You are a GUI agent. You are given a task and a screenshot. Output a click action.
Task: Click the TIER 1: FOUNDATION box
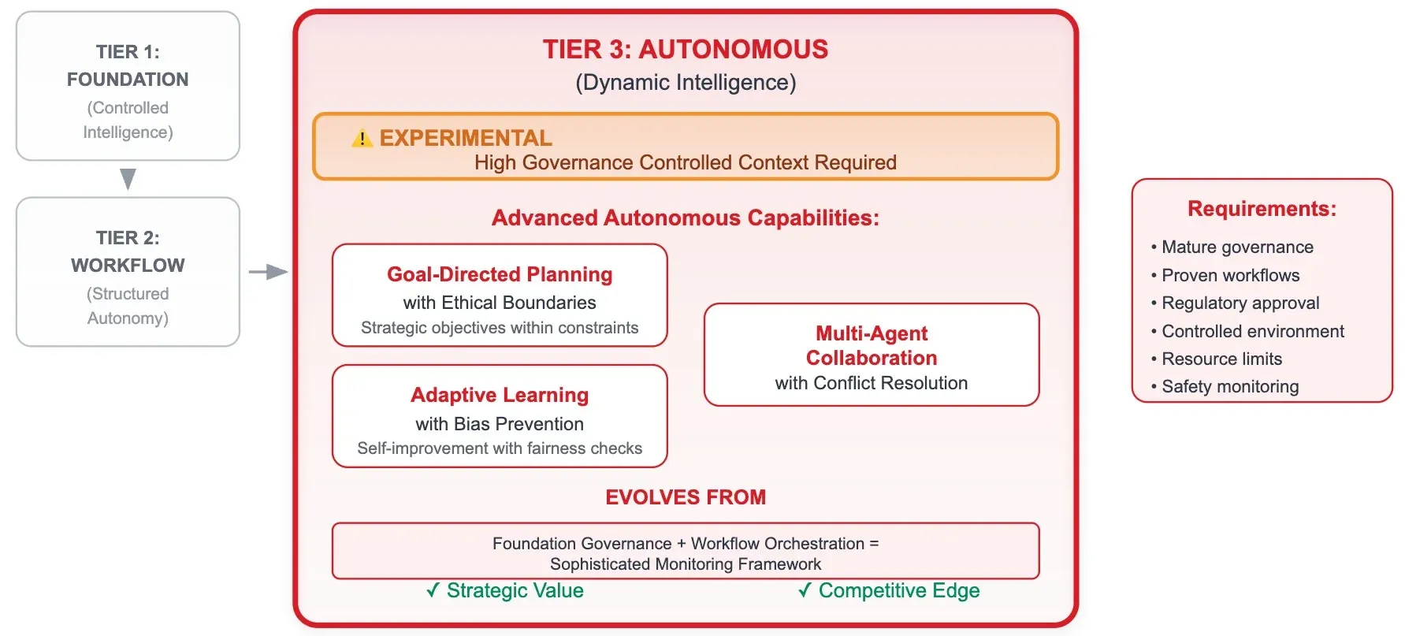point(128,86)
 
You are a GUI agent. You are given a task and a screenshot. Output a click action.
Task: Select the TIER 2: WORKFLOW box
point(128,272)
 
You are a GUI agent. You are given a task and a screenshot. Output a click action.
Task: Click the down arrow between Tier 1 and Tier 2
point(128,179)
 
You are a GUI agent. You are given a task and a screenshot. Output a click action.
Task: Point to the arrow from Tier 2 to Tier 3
point(269,272)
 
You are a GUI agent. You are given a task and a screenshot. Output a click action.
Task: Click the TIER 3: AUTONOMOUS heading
point(685,50)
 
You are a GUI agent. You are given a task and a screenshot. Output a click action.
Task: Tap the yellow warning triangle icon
point(362,139)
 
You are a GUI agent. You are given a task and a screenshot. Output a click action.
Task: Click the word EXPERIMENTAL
point(466,138)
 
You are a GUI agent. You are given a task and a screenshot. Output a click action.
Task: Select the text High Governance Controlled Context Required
point(685,162)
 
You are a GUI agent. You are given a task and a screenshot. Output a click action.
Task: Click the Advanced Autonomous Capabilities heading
point(685,218)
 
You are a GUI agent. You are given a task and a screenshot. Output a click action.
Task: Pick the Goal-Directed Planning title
point(500,274)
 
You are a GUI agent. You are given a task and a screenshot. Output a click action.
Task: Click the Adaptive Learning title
point(500,395)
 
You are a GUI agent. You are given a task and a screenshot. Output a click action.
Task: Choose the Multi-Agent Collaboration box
point(872,355)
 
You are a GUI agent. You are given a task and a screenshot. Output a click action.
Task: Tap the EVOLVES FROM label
point(685,497)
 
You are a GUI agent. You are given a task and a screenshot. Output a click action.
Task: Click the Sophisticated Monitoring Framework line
point(685,564)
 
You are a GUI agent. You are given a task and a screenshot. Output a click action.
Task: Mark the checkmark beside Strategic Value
point(433,590)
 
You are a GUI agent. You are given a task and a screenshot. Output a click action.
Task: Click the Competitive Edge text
point(899,590)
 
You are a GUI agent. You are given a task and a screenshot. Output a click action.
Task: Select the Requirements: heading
point(1262,209)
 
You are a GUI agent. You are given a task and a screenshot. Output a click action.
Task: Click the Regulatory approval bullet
point(1240,303)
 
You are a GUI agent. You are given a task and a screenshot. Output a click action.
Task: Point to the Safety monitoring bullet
point(1229,387)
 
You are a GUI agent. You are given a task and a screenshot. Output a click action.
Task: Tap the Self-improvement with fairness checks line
point(500,448)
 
